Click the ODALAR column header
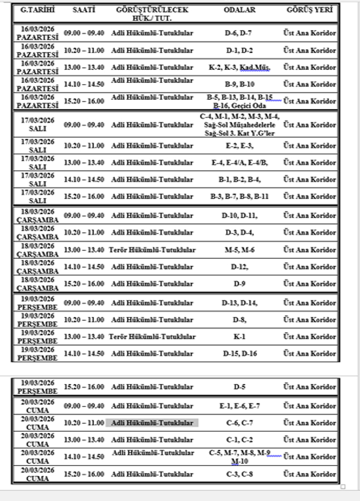pos(238,10)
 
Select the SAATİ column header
pos(84,10)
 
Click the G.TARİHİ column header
pos(36,10)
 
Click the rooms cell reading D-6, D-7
pos(238,33)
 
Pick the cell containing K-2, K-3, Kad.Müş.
pos(239,68)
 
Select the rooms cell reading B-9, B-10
pos(239,85)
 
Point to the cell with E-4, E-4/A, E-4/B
pos(239,162)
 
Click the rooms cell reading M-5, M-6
pos(238,249)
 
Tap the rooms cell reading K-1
pos(238,337)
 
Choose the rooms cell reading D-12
pos(239,267)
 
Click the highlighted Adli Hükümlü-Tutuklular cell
pos(152,423)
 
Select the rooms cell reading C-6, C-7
pos(239,423)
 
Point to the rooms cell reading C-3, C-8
pos(239,474)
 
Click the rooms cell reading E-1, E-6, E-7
pos(239,407)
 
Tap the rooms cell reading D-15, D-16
pos(239,354)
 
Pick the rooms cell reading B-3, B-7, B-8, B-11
pos(239,196)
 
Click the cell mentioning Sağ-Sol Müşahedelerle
pos(239,125)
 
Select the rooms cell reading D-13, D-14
pos(239,303)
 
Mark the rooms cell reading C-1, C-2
pos(239,440)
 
